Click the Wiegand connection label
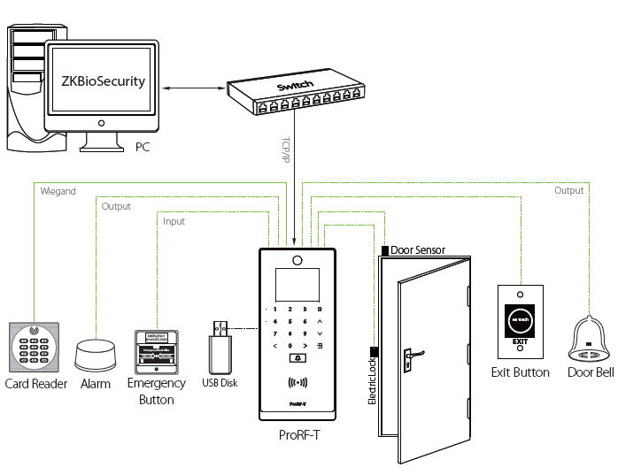[58, 190]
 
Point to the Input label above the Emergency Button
[174, 221]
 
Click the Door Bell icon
[588, 341]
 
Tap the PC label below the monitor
[142, 146]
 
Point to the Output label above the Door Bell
[568, 190]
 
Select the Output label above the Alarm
[115, 206]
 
